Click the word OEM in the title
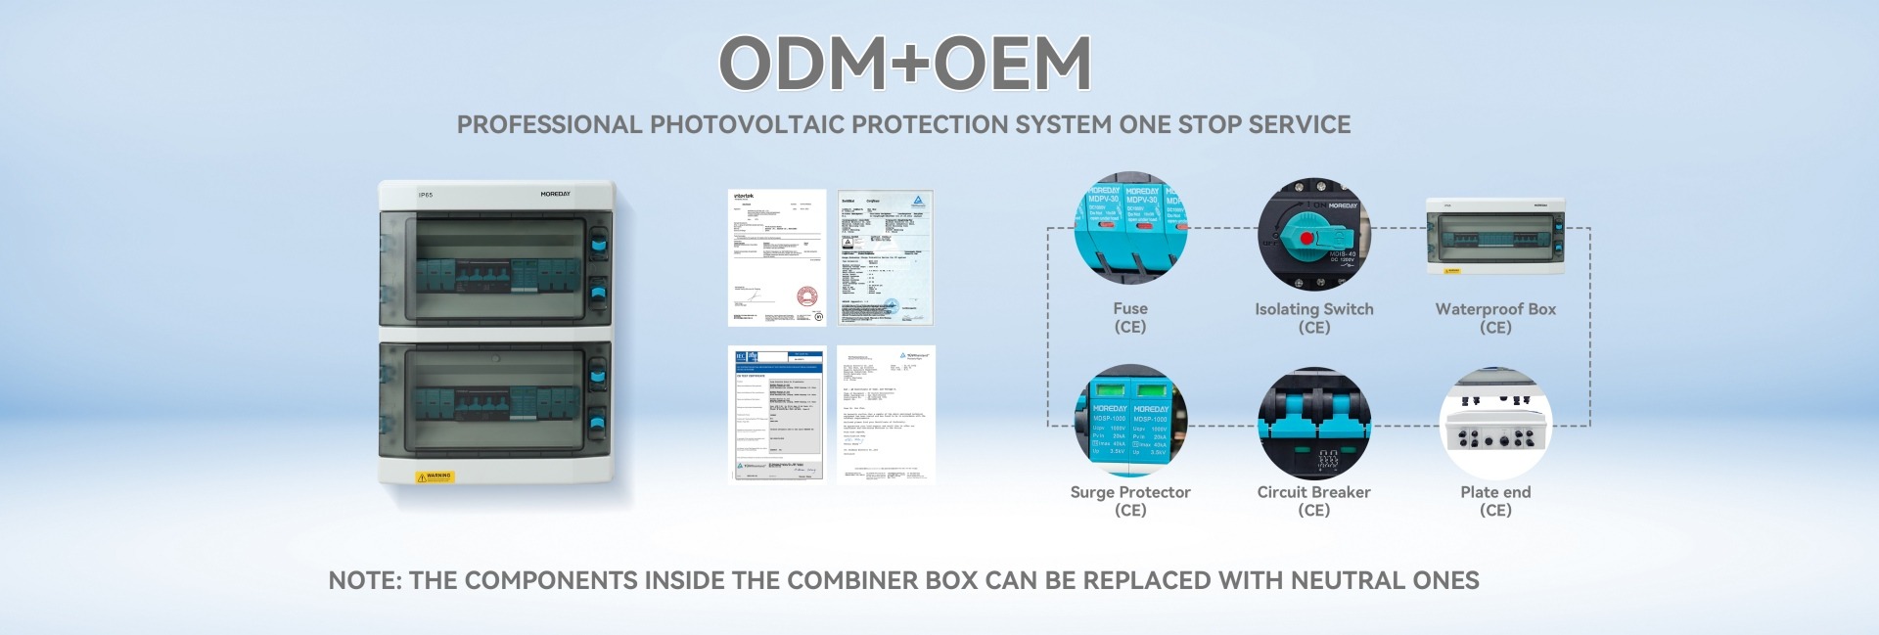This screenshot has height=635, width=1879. tap(1014, 64)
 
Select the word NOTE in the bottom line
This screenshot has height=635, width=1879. tap(363, 580)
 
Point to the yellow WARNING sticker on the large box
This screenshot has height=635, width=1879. tap(435, 476)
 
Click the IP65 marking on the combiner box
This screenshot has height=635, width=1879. tap(426, 195)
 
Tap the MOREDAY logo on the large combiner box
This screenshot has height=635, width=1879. tap(555, 194)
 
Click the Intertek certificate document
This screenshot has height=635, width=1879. tap(777, 257)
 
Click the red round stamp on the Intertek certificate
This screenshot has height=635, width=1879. tap(804, 295)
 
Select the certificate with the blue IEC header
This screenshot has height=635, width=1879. tap(778, 414)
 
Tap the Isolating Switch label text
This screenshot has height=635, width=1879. tap(1313, 309)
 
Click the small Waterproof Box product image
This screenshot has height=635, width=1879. tap(1494, 236)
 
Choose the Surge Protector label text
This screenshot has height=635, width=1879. tap(1130, 492)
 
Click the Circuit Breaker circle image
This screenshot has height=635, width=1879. tap(1313, 424)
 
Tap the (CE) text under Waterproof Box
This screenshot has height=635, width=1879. tap(1495, 328)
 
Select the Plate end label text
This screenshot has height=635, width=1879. tap(1495, 492)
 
